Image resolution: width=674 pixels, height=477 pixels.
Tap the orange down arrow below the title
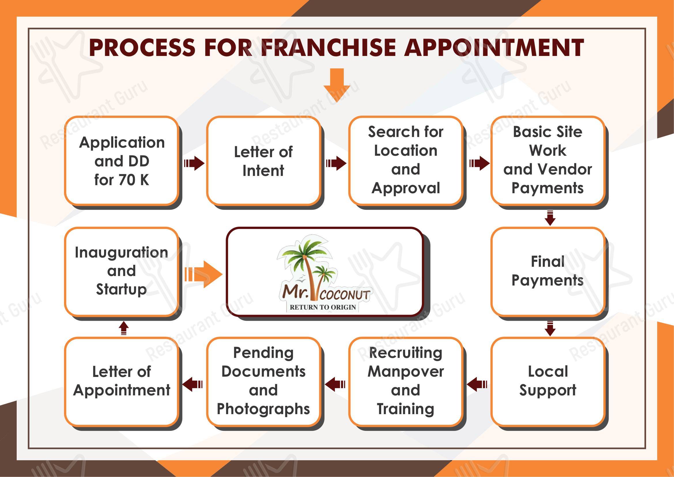click(337, 85)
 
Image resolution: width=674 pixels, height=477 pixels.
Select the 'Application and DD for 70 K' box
click(122, 161)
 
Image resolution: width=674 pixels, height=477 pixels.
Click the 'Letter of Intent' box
click(263, 161)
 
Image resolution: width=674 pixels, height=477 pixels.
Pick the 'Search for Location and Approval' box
click(405, 161)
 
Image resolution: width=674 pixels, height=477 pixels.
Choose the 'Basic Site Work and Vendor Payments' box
click(547, 161)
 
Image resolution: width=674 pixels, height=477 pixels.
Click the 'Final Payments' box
click(547, 271)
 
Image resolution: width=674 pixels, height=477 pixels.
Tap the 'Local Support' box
click(547, 381)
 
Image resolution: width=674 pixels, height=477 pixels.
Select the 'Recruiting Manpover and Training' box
click(405, 381)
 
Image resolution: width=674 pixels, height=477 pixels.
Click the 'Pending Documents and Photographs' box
click(263, 381)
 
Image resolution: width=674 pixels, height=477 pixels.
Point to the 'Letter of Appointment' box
click(122, 381)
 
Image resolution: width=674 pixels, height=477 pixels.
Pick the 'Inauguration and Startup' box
click(122, 271)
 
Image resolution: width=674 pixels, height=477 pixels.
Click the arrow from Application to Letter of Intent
click(194, 163)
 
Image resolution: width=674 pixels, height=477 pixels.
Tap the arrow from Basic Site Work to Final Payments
click(550, 218)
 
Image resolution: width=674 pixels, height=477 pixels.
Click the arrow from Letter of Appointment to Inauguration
click(124, 328)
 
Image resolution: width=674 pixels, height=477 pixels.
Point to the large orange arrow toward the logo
click(203, 274)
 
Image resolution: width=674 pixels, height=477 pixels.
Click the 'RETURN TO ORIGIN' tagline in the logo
click(323, 307)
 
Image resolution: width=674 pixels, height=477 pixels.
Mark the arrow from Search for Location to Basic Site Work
click(479, 163)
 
